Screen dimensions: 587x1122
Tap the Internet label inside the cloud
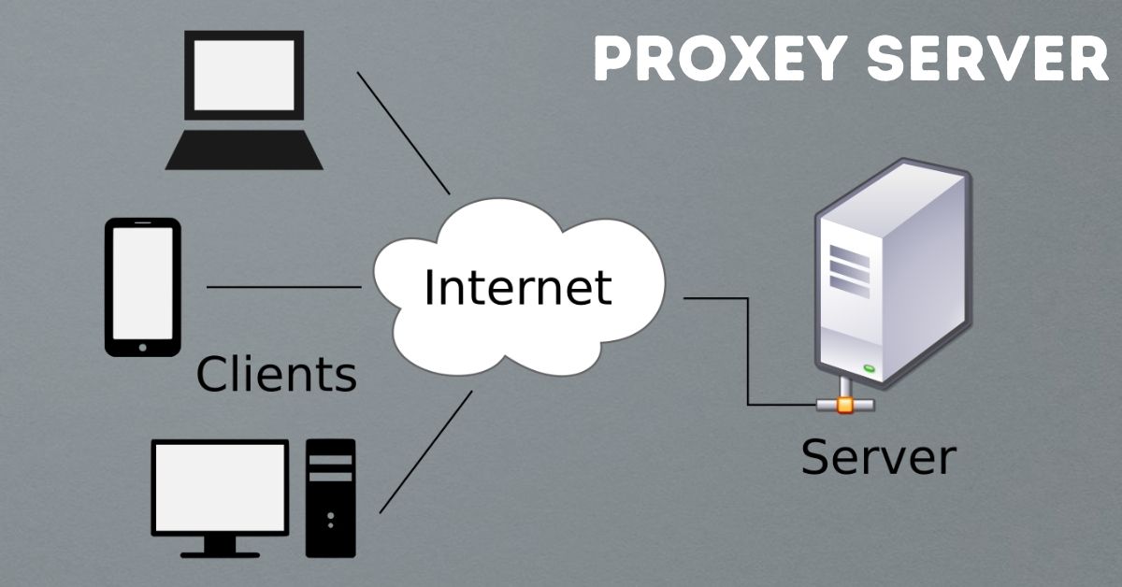[517, 287]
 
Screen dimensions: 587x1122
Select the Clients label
[276, 375]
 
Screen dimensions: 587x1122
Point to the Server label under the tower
[878, 458]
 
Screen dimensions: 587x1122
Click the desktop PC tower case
[330, 496]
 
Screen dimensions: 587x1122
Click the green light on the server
[870, 368]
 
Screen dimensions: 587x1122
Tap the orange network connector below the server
[844, 406]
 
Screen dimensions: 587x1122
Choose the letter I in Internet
[430, 287]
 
